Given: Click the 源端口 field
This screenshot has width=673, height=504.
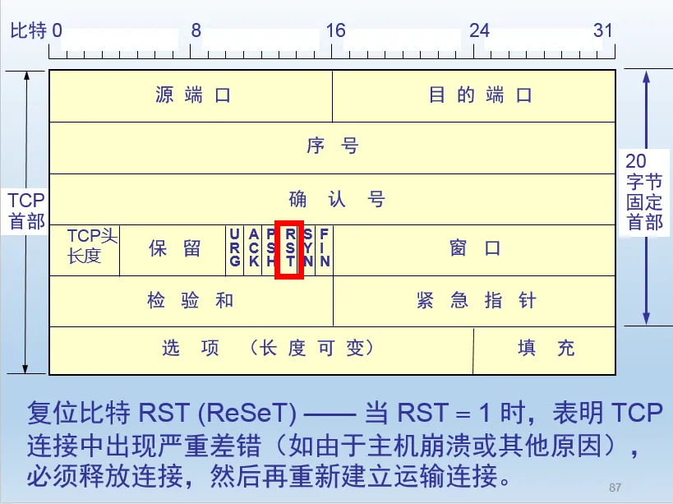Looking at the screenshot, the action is click(192, 95).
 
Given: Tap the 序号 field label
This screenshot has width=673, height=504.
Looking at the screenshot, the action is click(332, 147).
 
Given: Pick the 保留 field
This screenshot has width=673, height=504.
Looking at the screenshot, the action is click(174, 249).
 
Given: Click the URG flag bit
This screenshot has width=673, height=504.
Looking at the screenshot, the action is click(235, 248).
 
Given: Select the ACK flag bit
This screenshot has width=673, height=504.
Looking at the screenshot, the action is click(253, 248).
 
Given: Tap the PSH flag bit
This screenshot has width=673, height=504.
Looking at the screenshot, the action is click(270, 248).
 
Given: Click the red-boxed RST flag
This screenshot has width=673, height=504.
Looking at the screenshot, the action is click(289, 248).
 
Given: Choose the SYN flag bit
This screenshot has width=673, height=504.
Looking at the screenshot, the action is click(307, 248).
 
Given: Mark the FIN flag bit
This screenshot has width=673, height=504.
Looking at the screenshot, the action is click(325, 248).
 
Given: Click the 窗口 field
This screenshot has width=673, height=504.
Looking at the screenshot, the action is click(475, 249).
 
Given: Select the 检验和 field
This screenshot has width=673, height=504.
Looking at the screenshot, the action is click(191, 301).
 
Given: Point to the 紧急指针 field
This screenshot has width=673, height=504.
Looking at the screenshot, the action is click(476, 301).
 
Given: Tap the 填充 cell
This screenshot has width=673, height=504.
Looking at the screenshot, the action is click(546, 349).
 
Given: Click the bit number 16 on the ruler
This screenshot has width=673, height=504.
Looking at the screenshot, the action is click(334, 30).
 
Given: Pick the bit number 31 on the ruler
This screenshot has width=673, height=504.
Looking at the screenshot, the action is click(603, 30).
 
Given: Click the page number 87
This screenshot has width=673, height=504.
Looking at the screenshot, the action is click(615, 487).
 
